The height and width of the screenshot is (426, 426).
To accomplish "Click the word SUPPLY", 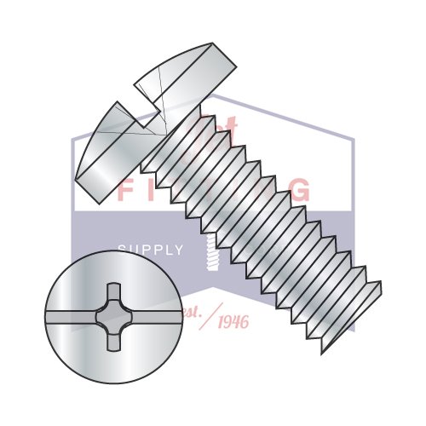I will tap(150, 250).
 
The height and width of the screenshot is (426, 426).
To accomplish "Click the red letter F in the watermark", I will tap(125, 190).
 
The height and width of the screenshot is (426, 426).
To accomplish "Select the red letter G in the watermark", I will tap(299, 190).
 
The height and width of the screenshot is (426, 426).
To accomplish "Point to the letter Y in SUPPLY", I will tap(179, 250).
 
